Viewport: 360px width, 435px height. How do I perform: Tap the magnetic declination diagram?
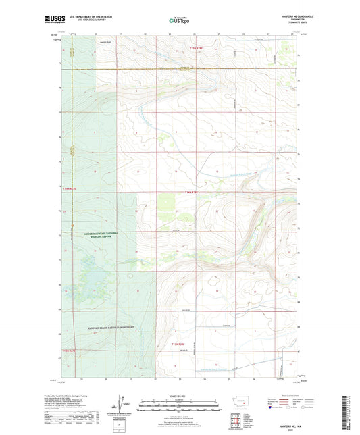point(122,405)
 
